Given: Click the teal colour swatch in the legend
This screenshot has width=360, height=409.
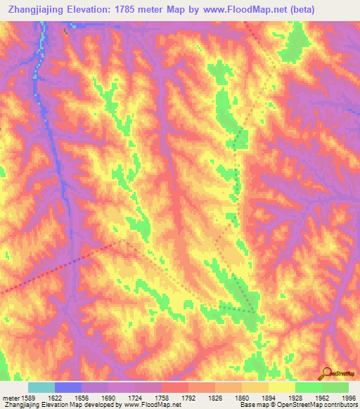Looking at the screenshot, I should pos(41,387).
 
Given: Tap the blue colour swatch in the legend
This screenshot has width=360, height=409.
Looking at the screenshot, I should pos(68,387).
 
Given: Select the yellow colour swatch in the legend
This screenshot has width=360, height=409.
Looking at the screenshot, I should pos(282,387).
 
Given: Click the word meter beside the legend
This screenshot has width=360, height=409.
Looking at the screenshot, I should pos(10,397).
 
